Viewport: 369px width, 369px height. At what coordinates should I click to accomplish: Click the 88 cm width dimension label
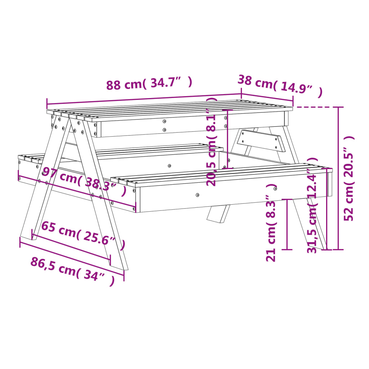pos(149,84)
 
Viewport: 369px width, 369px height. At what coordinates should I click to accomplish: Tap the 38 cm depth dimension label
pos(279,86)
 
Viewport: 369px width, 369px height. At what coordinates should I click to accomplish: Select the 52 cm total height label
pos(349,178)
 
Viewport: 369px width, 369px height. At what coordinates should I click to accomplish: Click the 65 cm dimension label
pos(83,236)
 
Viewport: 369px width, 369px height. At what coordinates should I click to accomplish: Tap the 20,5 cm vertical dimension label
pos(213,141)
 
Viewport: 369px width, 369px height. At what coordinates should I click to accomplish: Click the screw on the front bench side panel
pos(197,195)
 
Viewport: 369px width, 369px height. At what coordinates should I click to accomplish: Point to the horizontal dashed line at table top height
pos(317,107)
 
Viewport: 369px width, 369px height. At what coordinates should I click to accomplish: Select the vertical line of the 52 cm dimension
pos(338,178)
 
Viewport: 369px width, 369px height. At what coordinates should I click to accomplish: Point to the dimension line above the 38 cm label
pos(267,100)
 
